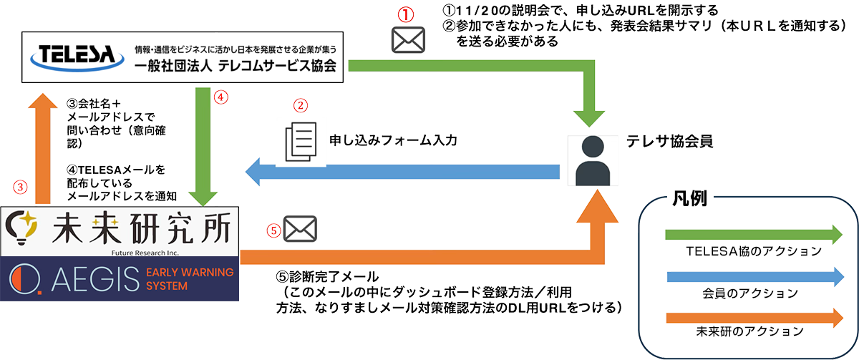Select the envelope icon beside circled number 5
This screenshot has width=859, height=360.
coord(300,230)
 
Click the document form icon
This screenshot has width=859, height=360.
coord(299,141)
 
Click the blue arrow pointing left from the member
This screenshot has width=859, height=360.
coord(401,171)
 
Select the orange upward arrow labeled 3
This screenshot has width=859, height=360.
coord(42,150)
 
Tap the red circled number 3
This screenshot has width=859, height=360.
coord(21,188)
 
